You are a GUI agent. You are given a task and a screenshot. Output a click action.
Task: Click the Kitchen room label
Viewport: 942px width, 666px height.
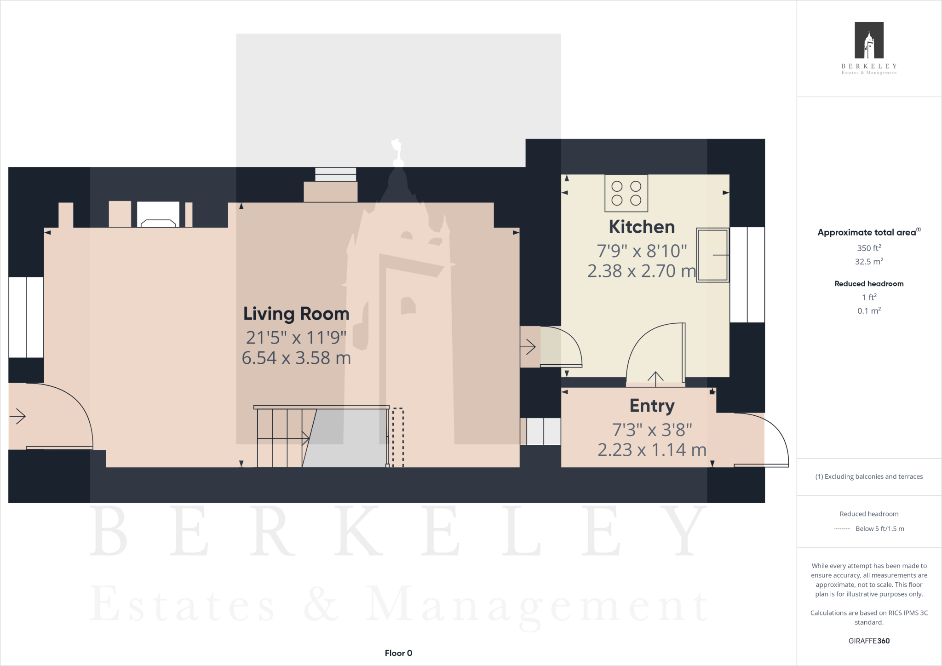coord(642,227)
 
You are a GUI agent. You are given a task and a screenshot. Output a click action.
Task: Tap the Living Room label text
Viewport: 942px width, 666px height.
coord(296,314)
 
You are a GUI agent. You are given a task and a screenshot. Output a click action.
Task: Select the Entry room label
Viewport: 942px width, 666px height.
coord(652,406)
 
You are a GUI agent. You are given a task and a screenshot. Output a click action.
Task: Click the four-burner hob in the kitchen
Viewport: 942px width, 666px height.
coord(626,193)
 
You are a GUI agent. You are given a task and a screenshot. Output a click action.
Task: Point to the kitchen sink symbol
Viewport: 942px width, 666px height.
coord(712,255)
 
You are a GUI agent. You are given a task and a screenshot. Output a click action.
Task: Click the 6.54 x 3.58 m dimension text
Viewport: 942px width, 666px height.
coord(296,358)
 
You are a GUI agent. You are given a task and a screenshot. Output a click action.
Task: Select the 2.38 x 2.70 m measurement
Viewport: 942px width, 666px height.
coord(642,271)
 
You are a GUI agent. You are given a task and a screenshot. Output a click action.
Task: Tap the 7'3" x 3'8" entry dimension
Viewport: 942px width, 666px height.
coord(652,430)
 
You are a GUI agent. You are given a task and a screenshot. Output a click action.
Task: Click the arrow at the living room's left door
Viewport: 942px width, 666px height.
coord(17,416)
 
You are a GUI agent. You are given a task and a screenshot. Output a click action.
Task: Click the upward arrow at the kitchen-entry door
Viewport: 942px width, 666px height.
coord(655,377)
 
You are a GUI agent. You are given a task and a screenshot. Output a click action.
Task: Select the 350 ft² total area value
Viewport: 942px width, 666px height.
coord(869,248)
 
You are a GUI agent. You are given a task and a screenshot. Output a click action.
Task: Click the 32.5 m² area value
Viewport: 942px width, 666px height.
coord(869,261)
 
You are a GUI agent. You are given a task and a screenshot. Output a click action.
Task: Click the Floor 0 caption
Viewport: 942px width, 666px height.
coord(398,653)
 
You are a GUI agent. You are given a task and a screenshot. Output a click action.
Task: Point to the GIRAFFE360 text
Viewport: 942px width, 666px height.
coord(869,641)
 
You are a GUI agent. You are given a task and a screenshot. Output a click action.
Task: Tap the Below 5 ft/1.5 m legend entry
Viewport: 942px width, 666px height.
coord(879,528)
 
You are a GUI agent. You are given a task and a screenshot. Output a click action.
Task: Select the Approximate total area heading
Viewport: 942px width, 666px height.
coord(867,232)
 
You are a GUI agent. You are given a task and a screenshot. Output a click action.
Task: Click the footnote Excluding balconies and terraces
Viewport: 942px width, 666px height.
coord(869,477)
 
